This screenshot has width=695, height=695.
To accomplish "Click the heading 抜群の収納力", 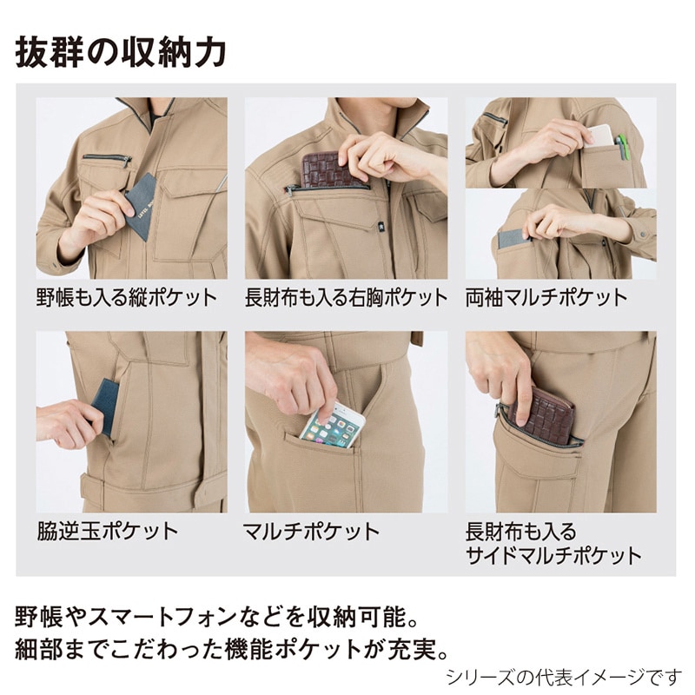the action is click(121, 53).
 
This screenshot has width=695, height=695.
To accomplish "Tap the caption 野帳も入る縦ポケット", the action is click(127, 297).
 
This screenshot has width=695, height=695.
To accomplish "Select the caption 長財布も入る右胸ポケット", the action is click(346, 297).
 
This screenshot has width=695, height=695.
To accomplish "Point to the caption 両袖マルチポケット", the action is click(546, 297).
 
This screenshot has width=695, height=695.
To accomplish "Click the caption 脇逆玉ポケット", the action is click(108, 531).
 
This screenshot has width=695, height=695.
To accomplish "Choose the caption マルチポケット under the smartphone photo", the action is click(312, 531).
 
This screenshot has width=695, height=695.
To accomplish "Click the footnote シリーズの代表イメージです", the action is click(564, 678).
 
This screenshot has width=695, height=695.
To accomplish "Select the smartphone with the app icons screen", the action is click(333, 423).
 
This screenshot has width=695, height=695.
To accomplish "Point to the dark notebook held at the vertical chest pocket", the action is click(142, 205).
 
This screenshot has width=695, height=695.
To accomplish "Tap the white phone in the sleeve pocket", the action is click(599, 136).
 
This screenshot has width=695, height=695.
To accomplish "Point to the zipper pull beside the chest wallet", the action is click(289, 191).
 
